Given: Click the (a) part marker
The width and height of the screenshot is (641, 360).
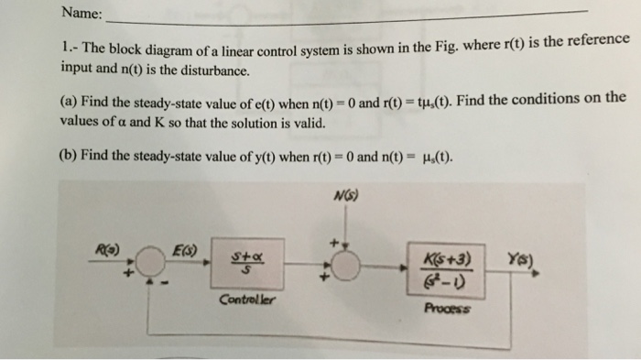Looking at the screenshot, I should [x=69, y=101].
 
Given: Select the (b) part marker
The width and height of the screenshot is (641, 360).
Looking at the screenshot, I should [x=69, y=155].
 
